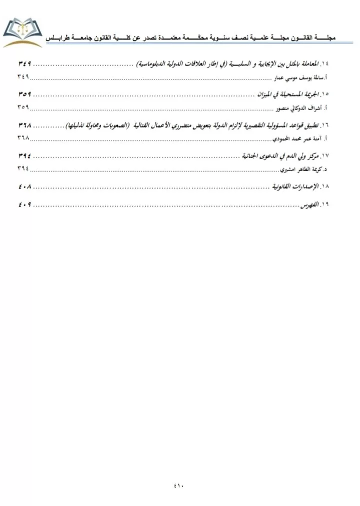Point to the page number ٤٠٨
[x=24, y=187]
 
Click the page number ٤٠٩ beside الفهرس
[x=24, y=205]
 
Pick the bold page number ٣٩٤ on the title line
[x=24, y=157]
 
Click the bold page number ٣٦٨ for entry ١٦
[x=24, y=124]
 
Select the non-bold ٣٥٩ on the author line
[x=23, y=108]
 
